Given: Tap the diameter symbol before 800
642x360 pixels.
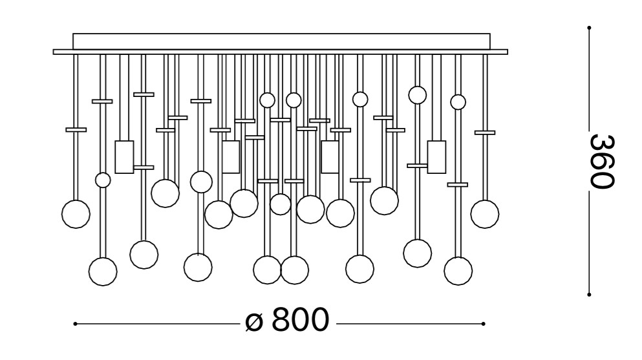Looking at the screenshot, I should coord(255,321).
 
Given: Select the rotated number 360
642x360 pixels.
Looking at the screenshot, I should coord(601,162).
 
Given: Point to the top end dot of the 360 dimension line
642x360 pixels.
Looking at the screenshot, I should coord(589,27).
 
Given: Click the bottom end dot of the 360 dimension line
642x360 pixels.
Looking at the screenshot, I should coord(589,295).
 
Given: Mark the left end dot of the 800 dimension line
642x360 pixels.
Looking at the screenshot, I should coord(76,323).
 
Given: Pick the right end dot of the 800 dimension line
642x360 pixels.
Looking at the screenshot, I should coord(484,323).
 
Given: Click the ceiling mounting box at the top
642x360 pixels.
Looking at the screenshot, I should coord(281,41).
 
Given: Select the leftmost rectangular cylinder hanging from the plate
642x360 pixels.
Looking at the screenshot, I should coord(124,156).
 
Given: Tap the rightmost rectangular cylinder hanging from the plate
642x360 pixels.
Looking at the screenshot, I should coord(436,157).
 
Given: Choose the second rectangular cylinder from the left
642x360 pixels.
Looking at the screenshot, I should coord(231,156).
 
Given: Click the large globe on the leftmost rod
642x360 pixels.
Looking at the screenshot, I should coord(76,214).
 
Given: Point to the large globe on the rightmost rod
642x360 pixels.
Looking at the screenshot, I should coord(485,214).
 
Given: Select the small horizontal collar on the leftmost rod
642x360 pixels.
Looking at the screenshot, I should coord(76,130).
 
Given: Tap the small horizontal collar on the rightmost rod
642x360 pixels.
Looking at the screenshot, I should coord(485,132).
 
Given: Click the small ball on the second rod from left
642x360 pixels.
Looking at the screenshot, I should coord(103,180).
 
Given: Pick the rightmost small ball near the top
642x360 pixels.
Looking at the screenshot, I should coord(458,101).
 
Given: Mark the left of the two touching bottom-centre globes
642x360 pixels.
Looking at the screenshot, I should coord(267,270).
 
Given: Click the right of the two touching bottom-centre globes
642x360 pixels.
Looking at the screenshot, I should coord(295,270).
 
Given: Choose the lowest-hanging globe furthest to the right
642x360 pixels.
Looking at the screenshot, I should coord(458,271).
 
